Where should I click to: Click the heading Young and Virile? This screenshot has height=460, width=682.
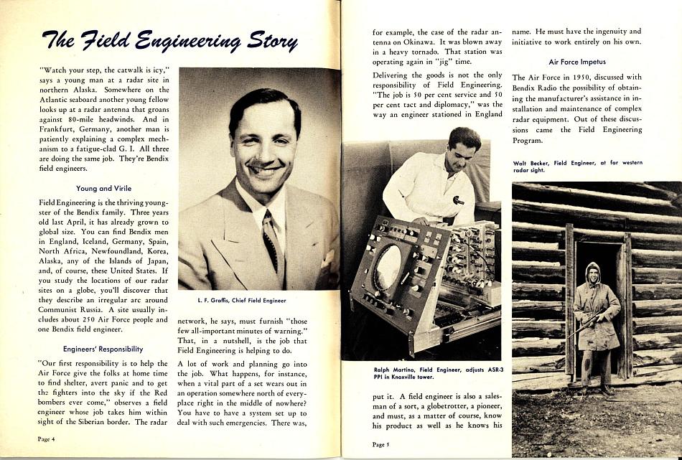103,188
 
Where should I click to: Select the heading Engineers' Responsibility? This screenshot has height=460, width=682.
103,349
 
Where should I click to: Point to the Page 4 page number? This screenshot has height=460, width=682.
47,438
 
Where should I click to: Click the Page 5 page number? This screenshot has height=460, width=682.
381,444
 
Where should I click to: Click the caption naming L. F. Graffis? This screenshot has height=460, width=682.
241,300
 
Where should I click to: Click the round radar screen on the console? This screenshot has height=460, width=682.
388,268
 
